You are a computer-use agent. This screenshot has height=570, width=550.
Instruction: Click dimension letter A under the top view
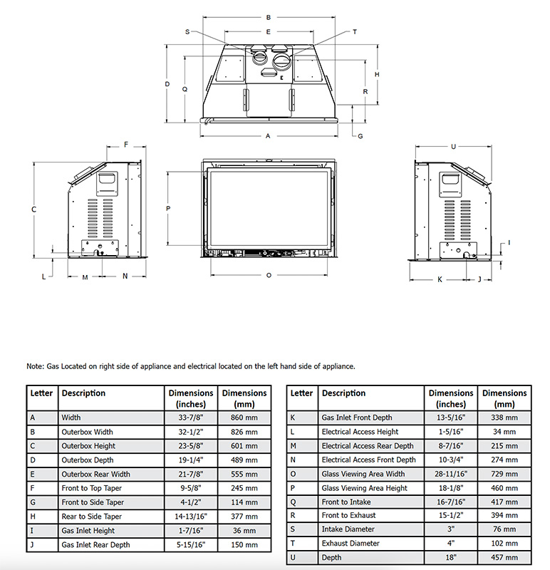269,135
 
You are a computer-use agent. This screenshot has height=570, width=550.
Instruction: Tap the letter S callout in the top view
187,32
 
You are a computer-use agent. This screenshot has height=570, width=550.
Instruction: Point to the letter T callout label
355,32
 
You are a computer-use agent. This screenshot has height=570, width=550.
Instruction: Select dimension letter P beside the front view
168,209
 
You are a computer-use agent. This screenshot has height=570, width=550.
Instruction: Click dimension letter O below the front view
269,275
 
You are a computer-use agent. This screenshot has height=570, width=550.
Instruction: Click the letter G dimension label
360,135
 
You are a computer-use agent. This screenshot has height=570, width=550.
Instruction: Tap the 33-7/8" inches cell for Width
190,418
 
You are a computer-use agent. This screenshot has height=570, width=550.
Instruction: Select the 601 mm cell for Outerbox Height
244,446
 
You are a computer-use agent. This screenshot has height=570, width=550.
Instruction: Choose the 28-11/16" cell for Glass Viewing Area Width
450,474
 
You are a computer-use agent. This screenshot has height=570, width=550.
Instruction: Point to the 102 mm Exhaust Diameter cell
504,544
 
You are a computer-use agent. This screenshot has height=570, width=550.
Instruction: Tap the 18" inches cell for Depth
450,558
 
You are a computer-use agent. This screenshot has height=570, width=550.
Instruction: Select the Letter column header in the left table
41,393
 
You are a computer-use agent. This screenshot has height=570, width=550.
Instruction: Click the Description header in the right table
343,393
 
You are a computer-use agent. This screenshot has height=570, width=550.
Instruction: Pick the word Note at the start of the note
35,366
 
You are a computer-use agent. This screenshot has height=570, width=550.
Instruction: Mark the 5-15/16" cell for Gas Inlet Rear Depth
190,545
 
